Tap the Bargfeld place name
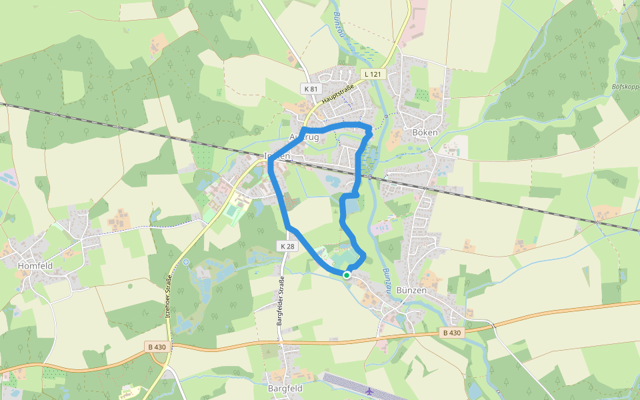pyautogui.click(x=285, y=388)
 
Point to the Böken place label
pyautogui.click(x=425, y=133)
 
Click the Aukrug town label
pyautogui.click(x=305, y=137)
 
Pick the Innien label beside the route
pyautogui.click(x=278, y=155)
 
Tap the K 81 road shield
pyautogui.click(x=311, y=88)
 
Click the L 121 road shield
pyautogui.click(x=373, y=74)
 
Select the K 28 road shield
pyautogui.click(x=287, y=246)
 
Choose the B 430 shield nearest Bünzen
pyautogui.click(x=451, y=333)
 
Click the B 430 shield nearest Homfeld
pyautogui.click(x=157, y=347)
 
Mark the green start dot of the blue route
pyautogui.click(x=347, y=275)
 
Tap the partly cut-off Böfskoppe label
pyautogui.click(x=625, y=87)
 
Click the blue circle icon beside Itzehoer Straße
pyautogui.click(x=186, y=262)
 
